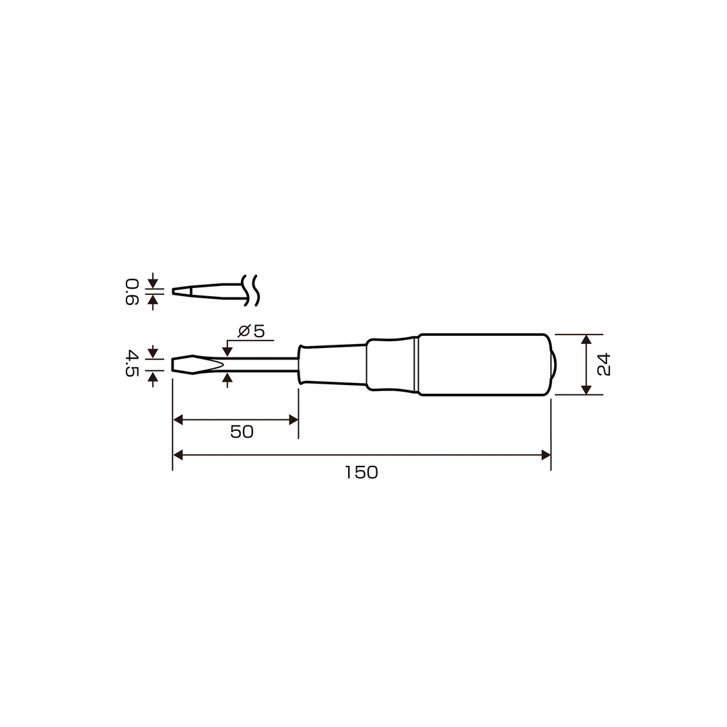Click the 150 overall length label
(361, 473)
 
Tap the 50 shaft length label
(242, 432)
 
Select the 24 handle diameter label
(604, 364)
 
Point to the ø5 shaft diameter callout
(251, 331)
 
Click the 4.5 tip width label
(132, 364)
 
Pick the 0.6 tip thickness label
(132, 291)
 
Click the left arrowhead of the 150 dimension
(178, 455)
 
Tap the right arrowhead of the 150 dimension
(546, 455)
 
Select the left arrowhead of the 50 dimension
(178, 420)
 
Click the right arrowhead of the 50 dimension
(293, 420)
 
